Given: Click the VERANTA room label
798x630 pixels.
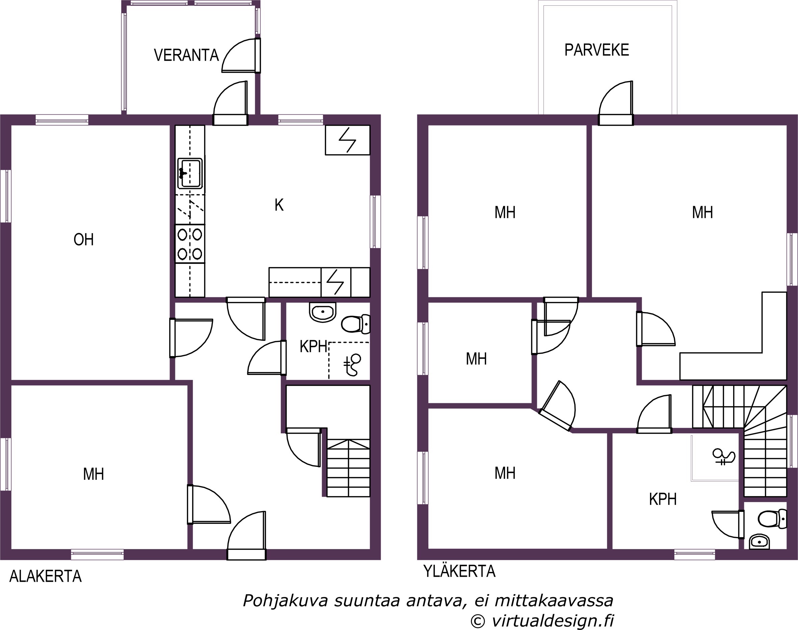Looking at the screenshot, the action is (x=186, y=55).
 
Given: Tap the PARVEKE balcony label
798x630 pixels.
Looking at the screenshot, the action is (x=597, y=50).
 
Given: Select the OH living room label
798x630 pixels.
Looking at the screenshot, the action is (x=84, y=240).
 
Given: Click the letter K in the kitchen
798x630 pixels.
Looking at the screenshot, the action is (x=279, y=205).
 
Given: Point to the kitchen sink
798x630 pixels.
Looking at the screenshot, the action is (x=190, y=173).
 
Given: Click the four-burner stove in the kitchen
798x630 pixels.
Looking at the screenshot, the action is (x=190, y=244).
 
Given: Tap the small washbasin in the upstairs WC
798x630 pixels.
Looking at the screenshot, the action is (x=759, y=542).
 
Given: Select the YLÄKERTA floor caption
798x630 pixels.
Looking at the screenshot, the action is (x=459, y=571).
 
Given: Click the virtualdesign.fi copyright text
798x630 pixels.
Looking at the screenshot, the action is (x=553, y=621).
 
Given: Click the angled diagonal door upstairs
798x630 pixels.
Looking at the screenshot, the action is (x=557, y=406).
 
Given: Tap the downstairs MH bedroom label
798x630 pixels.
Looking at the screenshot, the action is (x=94, y=474).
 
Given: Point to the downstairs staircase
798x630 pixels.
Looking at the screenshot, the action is (x=349, y=468).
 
